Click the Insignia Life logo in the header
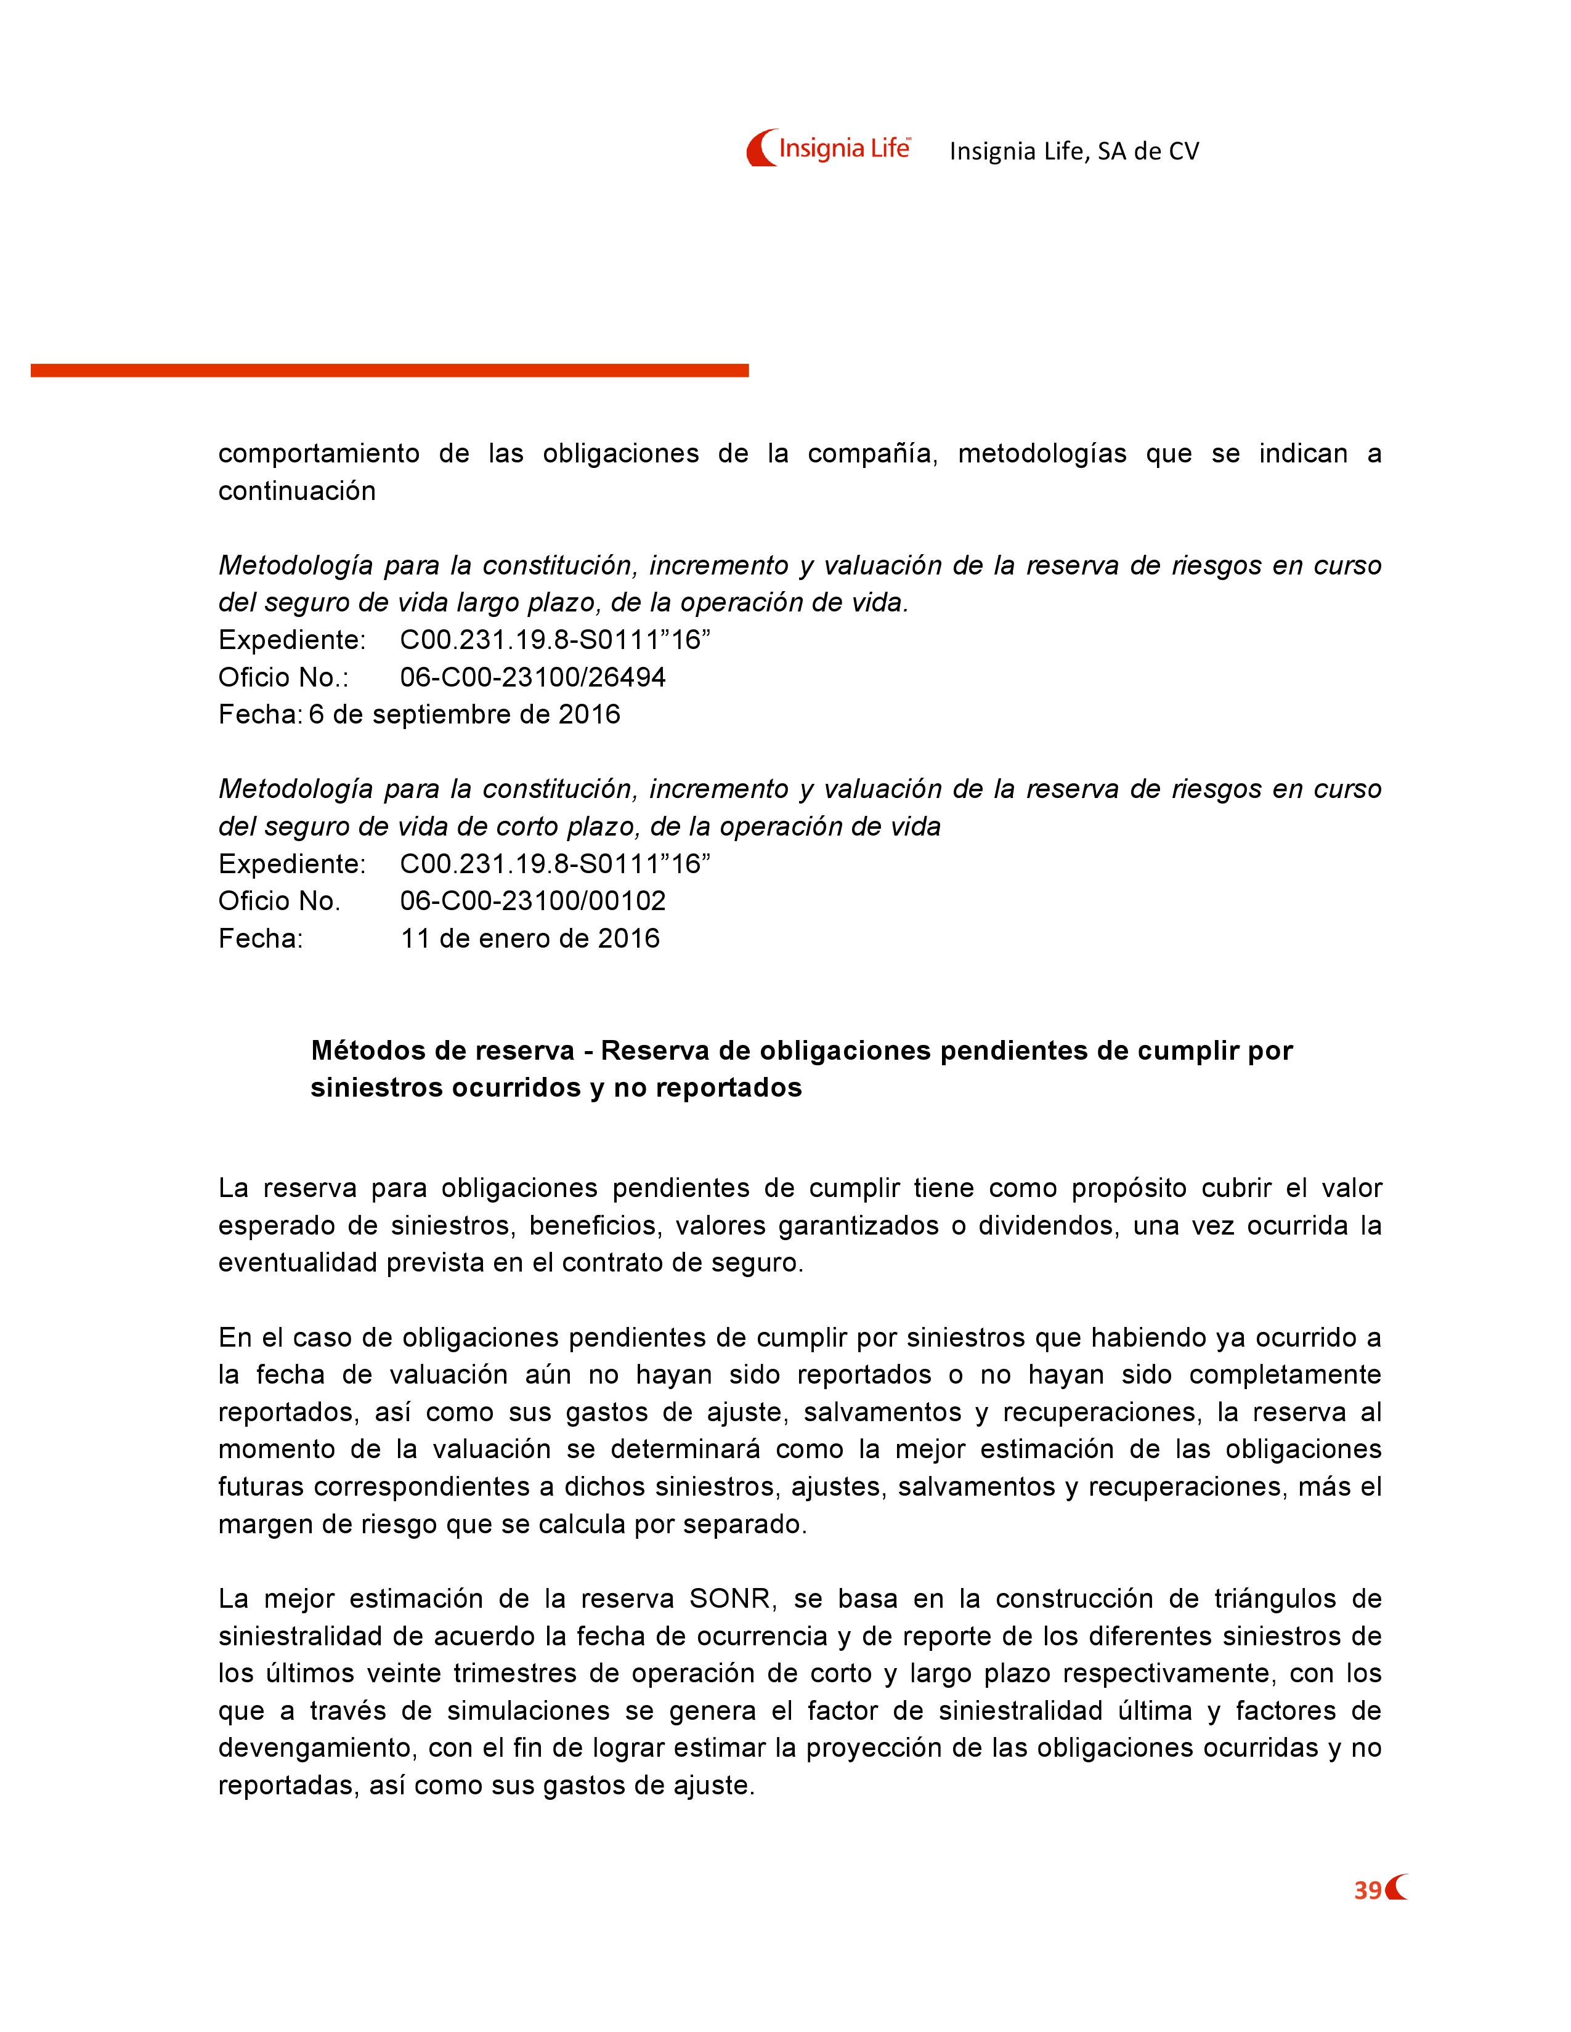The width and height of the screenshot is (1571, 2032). [827, 148]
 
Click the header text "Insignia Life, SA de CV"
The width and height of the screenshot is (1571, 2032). [1074, 151]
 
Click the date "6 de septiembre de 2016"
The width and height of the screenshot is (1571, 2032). [465, 714]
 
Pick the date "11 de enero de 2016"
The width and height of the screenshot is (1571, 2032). [530, 938]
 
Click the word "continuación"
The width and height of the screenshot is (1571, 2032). [297, 491]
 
